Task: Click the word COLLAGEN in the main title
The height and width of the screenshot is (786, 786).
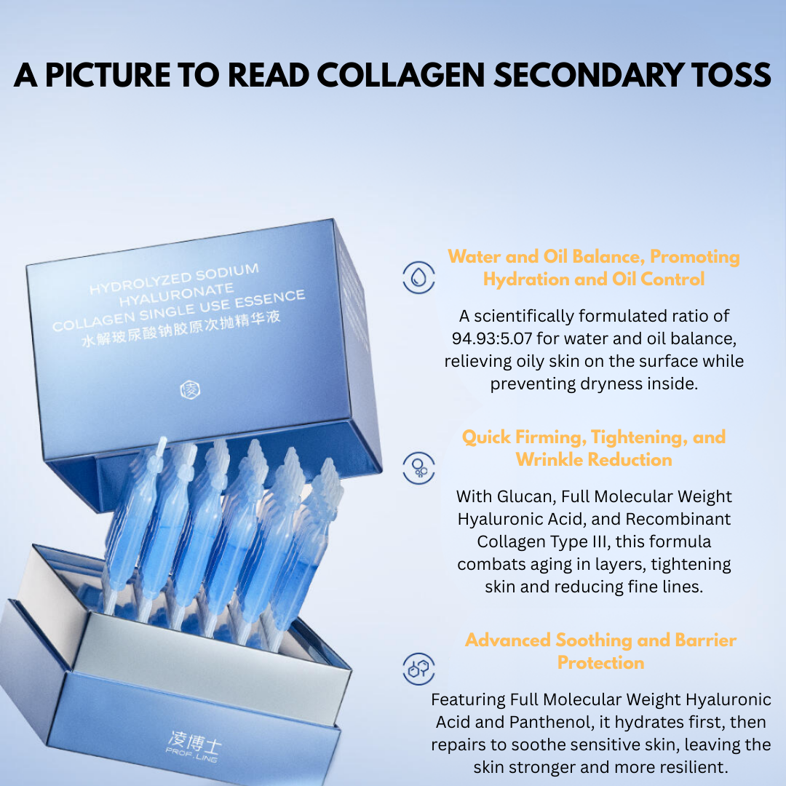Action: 400,75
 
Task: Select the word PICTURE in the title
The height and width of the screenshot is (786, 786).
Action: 108,75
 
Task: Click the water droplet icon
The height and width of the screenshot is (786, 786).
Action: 418,277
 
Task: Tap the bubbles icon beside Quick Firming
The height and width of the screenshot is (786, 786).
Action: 418,468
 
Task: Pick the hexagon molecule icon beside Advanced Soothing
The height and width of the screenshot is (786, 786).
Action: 418,669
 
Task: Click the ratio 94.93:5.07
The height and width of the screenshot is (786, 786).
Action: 491,338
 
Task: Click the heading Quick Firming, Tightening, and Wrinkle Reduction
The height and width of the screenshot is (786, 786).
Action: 594,448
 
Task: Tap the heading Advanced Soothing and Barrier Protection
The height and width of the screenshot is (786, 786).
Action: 600,651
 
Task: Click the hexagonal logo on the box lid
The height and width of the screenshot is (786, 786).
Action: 190,389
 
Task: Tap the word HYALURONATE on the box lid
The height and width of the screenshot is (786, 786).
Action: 176,294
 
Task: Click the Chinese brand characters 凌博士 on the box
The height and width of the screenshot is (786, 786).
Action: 194,740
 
